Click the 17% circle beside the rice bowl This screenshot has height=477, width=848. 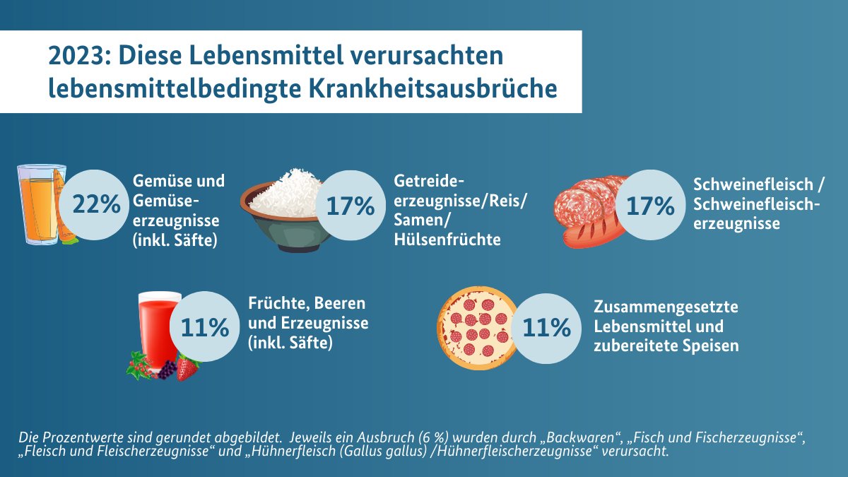[x=350, y=206]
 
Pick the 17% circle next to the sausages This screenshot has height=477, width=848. [x=651, y=206]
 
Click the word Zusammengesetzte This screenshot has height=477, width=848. [x=666, y=308]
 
